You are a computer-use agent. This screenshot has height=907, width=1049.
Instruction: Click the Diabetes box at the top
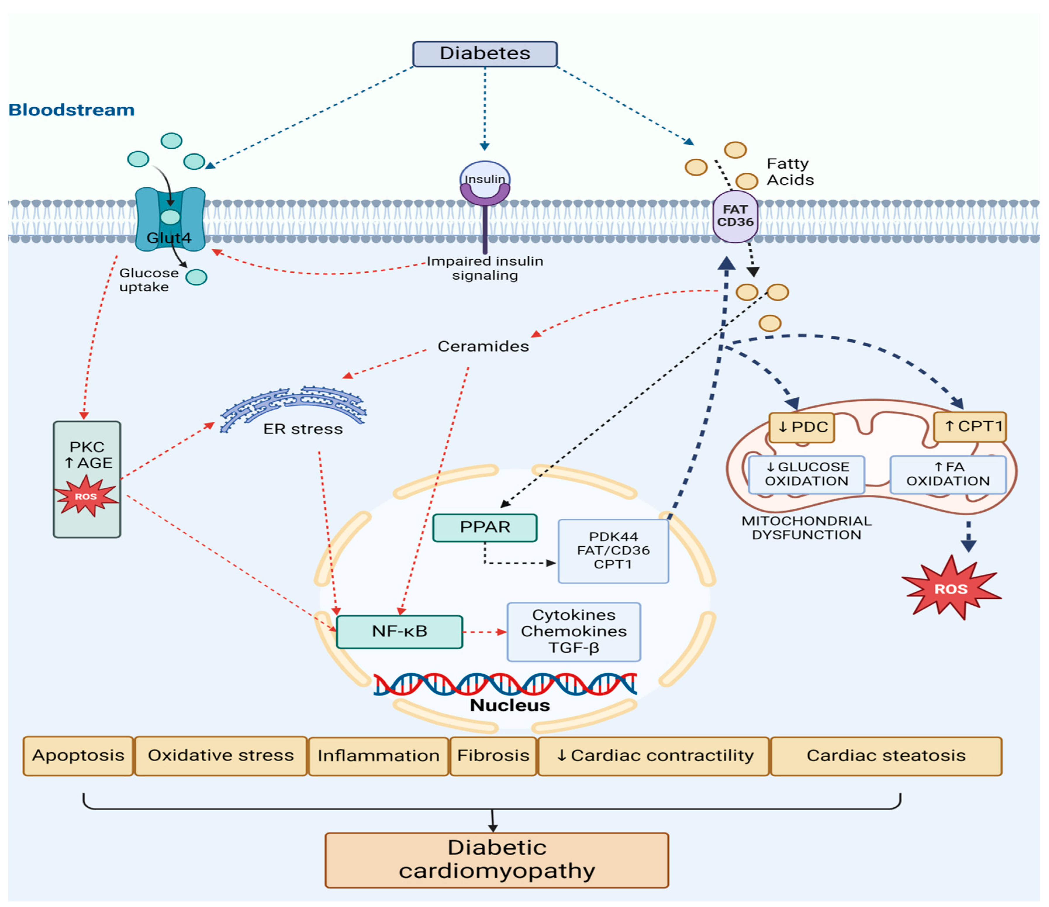click(485, 54)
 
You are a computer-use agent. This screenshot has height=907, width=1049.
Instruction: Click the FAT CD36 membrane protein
click(735, 217)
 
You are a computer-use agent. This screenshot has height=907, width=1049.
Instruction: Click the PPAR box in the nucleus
click(485, 527)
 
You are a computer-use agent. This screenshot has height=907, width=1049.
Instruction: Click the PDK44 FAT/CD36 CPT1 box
click(613, 551)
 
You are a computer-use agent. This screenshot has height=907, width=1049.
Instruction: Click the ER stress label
click(303, 429)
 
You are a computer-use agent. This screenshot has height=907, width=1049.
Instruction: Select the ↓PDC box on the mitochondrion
click(801, 427)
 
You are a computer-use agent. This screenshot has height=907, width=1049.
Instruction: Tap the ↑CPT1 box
click(969, 427)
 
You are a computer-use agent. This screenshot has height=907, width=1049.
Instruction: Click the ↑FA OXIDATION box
click(948, 474)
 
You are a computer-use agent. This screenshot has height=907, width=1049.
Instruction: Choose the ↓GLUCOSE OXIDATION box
click(806, 474)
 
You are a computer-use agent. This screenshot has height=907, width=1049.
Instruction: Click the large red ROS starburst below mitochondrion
click(951, 588)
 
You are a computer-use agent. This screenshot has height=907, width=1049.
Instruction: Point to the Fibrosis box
click(493, 756)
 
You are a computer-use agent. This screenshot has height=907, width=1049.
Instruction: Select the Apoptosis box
click(78, 756)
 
